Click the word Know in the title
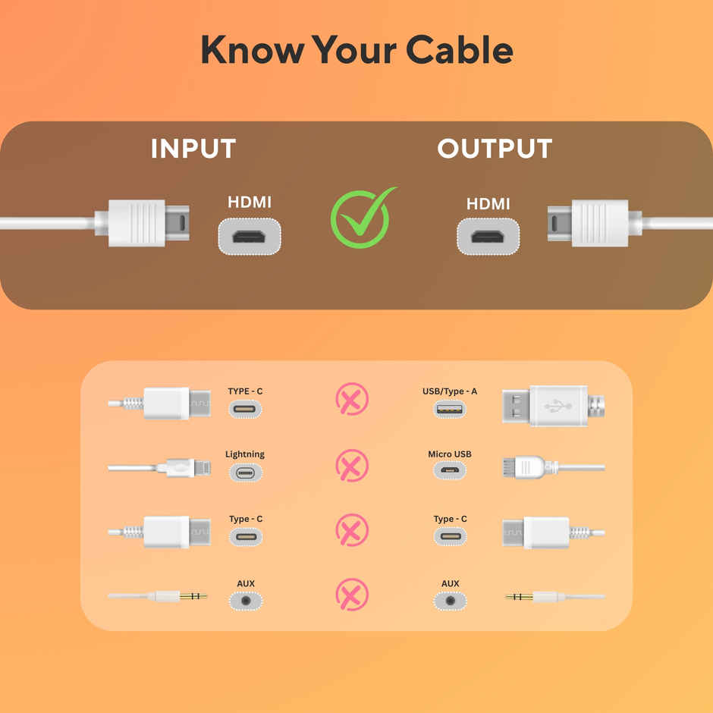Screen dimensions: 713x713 pos(253,49)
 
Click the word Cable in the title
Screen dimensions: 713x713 pos(459,49)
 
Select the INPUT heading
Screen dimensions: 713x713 pos(193,148)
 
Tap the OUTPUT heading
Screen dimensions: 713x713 pos(495,148)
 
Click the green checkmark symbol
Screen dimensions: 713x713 pos(363,218)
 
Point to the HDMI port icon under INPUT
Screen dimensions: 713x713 pos(250,237)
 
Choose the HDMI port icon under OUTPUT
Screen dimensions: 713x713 pos(488,237)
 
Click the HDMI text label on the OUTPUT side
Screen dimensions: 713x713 pos(488,204)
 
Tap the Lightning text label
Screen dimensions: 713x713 pos(245,454)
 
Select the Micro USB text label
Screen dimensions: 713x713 pos(450,454)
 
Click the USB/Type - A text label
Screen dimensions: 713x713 pos(450,391)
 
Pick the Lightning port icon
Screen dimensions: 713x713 pos(246,473)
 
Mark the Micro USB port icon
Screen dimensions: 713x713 pos(450,470)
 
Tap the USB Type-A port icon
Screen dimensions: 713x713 pos(450,410)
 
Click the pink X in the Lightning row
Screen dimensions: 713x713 pos(352,466)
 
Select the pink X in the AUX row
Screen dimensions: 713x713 pos(352,595)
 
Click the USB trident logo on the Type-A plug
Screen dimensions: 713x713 pos(558,405)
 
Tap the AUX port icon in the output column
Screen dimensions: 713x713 pos(450,601)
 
